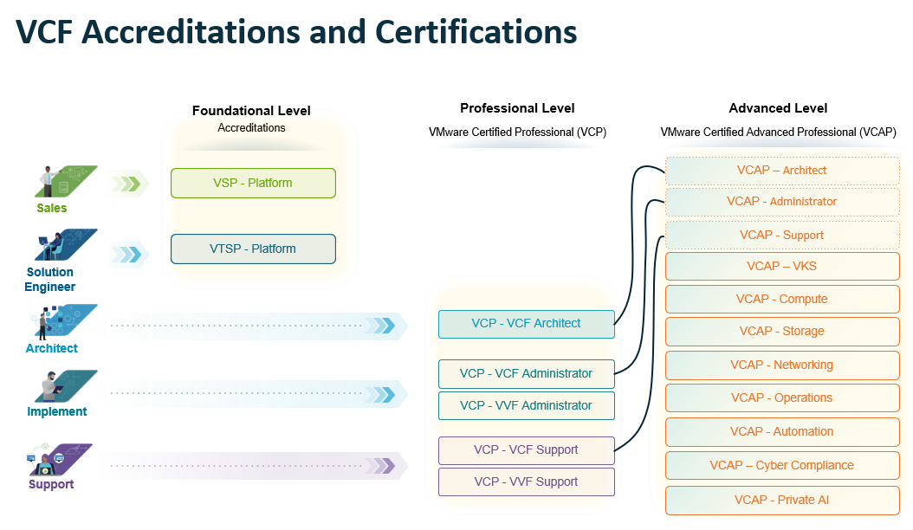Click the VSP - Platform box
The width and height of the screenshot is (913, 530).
point(253,183)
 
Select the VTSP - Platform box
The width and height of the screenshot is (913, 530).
point(253,249)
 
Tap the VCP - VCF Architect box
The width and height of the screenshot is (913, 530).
point(526,323)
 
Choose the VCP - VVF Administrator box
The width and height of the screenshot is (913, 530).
point(526,405)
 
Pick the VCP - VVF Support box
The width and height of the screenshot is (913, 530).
point(526,482)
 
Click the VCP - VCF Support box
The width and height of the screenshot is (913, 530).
point(526,449)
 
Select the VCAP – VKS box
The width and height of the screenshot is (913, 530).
point(781,266)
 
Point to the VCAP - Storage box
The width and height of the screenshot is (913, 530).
point(781,331)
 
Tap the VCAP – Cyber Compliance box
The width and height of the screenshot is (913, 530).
point(781,465)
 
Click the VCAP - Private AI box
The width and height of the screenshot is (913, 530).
point(781,500)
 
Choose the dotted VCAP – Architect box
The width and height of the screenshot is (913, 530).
point(781,170)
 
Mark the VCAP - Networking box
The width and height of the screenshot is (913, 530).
point(781,365)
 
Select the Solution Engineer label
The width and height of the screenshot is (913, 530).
point(49,279)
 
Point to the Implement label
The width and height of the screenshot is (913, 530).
point(57,411)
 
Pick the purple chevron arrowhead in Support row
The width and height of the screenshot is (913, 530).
point(385,466)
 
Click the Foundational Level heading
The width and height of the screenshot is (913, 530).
point(251,111)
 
